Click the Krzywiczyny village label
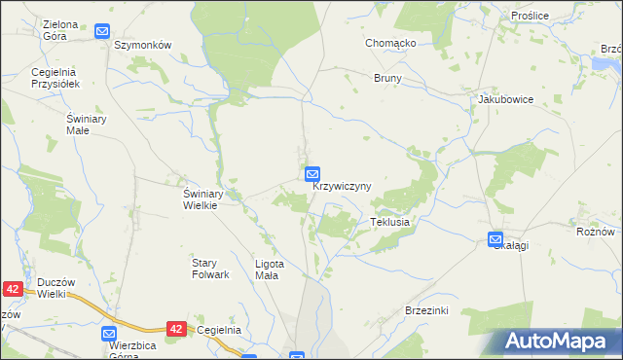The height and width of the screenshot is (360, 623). coord(342,186)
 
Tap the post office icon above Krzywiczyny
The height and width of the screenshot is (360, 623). coord(312,174)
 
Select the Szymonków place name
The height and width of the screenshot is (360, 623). coord(143,46)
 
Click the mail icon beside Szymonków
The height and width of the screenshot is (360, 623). coord(102,32)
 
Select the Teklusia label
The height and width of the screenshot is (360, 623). coord(389,222)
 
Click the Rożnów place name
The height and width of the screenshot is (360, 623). coord(595,232)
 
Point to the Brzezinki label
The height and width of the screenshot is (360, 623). coord(425,310)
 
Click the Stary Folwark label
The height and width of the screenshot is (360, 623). coord(210,269)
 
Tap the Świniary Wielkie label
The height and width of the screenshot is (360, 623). coord(205,198)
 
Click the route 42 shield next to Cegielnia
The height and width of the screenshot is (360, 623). coord(176,330)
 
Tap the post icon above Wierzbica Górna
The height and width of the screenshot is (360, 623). coord(109,334)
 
